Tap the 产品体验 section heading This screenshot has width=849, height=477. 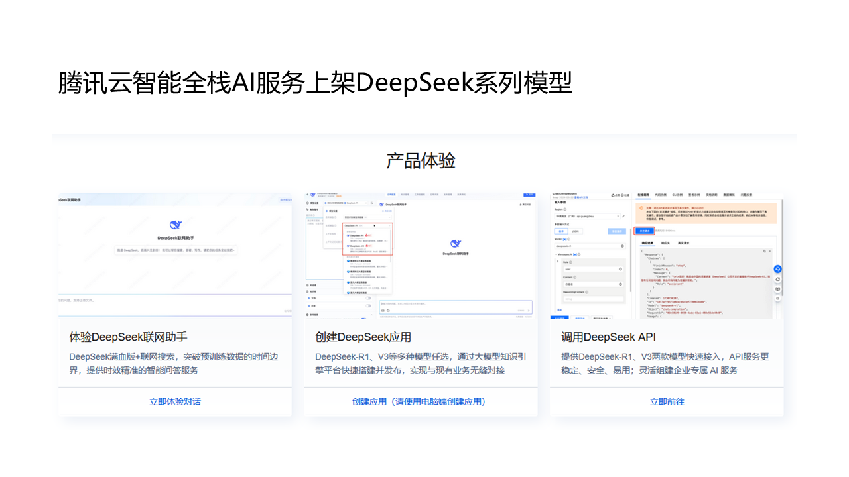421,160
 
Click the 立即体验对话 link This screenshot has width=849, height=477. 175,401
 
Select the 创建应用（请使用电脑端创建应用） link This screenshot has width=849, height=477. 421,401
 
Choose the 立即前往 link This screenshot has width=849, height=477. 667,401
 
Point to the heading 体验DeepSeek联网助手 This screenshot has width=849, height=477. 129,337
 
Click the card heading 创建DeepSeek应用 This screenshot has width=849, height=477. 363,337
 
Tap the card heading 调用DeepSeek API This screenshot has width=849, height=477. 608,337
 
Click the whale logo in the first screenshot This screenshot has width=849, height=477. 176,225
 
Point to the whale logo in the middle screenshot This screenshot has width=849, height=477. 455,244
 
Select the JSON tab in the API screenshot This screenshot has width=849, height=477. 575,231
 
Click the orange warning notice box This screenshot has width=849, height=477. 706,213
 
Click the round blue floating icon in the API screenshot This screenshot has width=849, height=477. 777,269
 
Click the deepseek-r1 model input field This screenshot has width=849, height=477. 589,246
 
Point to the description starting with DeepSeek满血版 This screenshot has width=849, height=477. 174,363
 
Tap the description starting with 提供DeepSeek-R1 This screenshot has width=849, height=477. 665,363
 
